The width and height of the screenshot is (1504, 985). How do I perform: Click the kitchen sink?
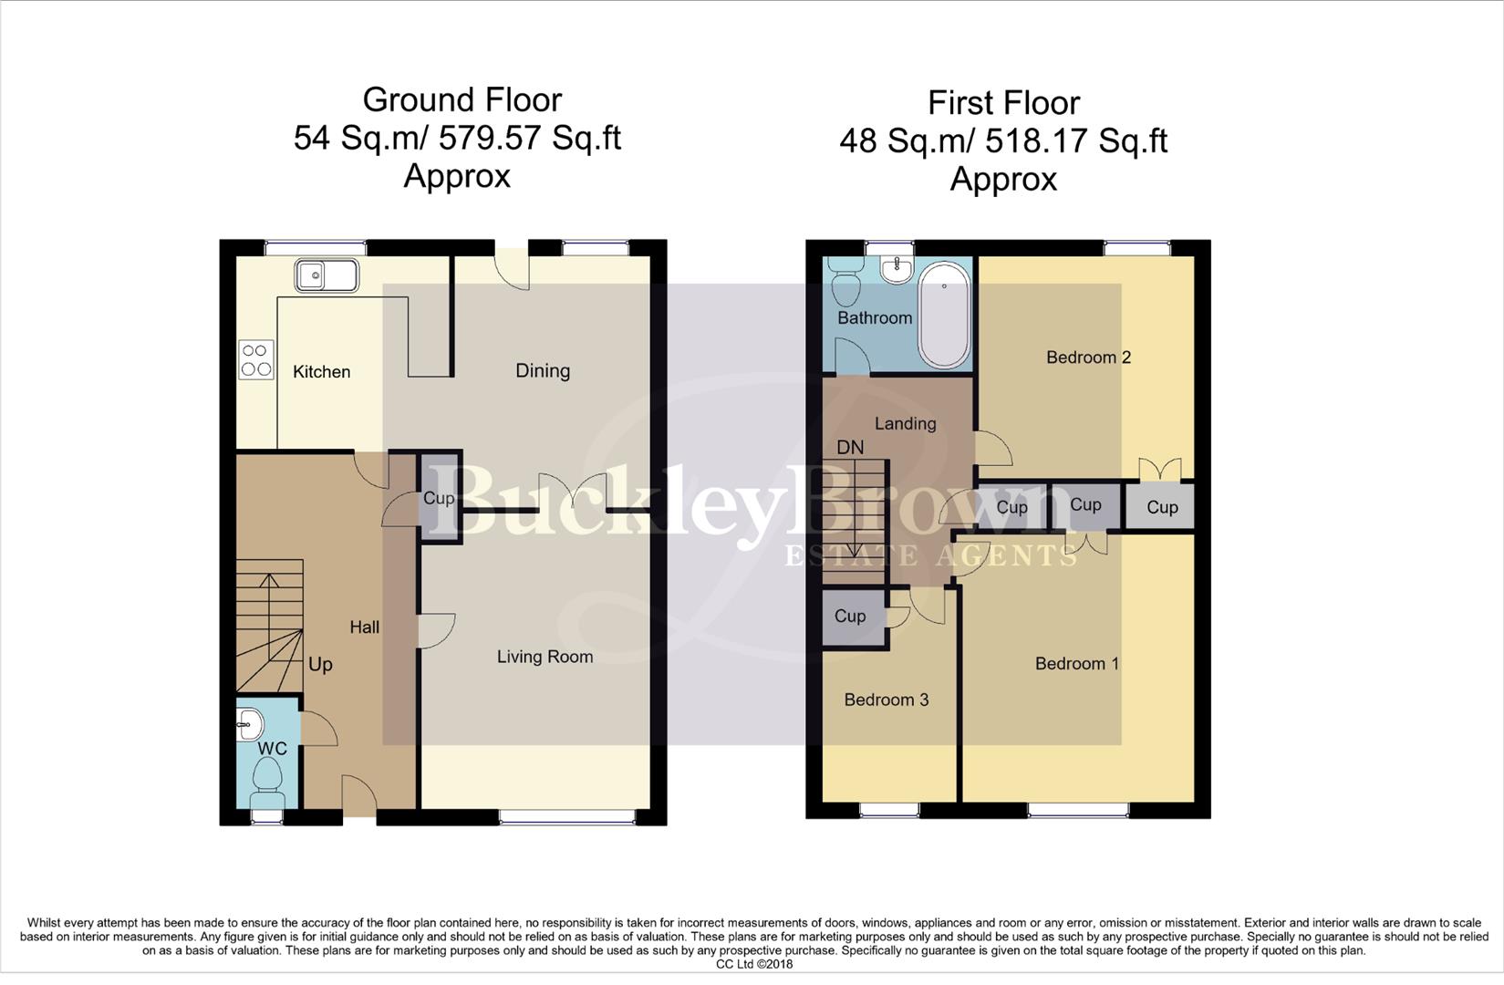coord(326,275)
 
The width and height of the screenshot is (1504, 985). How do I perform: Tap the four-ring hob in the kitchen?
coord(255,359)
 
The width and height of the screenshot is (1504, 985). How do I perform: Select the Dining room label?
coord(543,370)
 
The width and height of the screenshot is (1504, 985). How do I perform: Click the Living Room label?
coord(545,657)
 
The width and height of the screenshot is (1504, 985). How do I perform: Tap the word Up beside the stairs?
coord(320,665)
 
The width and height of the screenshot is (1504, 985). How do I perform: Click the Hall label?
coord(364,627)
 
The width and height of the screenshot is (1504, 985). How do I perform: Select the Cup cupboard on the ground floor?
coord(440,498)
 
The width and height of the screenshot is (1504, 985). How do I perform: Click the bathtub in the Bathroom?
coord(944,315)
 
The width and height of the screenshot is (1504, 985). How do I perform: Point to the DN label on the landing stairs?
coord(850,448)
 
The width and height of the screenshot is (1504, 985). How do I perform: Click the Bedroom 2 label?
coord(1088,358)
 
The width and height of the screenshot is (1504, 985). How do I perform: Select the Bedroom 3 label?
coord(886,700)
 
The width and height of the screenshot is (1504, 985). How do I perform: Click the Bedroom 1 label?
coord(1076,664)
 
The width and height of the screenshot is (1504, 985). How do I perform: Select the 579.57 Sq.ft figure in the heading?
coord(529,138)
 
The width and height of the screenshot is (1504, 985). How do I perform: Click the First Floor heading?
coord(1003,103)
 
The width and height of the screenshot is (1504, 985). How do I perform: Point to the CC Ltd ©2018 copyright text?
coord(753,964)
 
